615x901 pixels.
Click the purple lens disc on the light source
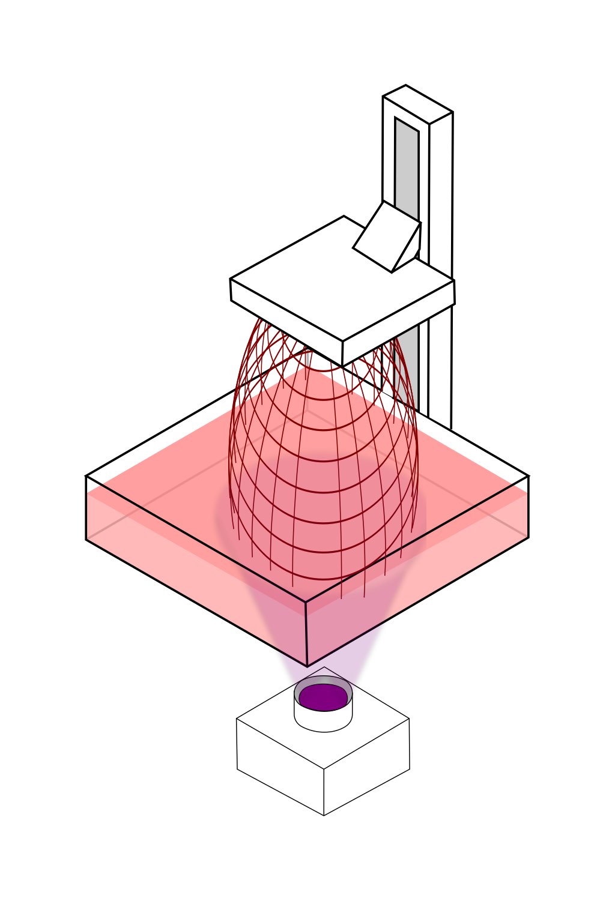pyautogui.click(x=323, y=697)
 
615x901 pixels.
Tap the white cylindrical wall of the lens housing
pyautogui.click(x=323, y=720)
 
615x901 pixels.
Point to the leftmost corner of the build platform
pyautogui.click(x=231, y=280)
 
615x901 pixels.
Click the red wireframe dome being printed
pyautogui.click(x=324, y=480)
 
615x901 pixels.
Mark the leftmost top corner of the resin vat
pyautogui.click(x=86, y=476)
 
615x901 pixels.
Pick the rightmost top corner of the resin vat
pyautogui.click(x=529, y=476)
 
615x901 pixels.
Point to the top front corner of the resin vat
pyautogui.click(x=306, y=602)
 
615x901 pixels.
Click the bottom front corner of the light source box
pyautogui.click(x=324, y=815)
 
